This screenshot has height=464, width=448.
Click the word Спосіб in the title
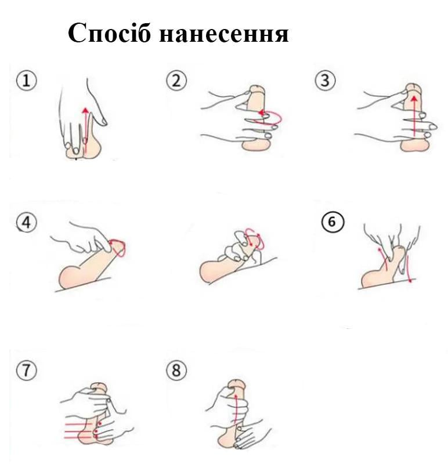tap(109, 32)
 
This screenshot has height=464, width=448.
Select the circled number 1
tap(27, 81)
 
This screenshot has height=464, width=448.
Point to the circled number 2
tap(176, 81)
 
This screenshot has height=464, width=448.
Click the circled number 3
tap(325, 81)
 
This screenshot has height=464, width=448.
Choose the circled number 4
tap(27, 222)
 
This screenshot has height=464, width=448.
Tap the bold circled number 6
tap(333, 222)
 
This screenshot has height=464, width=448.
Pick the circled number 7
tap(27, 370)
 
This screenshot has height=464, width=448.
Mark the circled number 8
tap(176, 370)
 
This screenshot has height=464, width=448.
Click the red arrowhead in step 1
tap(85, 110)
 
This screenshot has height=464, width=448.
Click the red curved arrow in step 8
tap(236, 409)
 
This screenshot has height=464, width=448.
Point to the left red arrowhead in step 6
tap(380, 251)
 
